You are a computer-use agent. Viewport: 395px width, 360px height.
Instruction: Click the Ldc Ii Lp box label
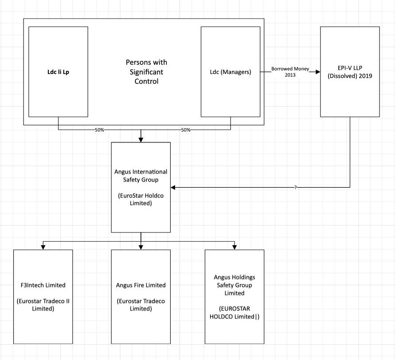58,72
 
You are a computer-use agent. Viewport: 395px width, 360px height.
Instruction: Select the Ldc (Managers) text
231,72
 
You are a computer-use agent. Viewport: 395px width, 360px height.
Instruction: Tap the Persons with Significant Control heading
146,72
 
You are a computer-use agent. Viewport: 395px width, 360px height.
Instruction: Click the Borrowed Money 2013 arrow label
290,72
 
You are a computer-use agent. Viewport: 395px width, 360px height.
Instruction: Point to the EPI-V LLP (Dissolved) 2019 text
350,72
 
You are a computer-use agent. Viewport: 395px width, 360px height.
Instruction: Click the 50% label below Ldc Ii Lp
99,130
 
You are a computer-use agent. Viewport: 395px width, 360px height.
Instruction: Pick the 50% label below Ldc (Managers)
186,130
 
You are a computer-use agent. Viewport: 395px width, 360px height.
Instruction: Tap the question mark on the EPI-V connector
296,187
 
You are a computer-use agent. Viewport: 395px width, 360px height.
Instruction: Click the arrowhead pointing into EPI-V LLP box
318,72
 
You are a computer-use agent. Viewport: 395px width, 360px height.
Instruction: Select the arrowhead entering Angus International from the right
173,187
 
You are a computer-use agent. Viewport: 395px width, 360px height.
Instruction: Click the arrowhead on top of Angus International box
141,140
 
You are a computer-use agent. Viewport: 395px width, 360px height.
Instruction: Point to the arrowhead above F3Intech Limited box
43,247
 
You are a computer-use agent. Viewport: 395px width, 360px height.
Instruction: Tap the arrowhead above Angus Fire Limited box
141,247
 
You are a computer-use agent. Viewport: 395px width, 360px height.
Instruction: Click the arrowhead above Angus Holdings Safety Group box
235,247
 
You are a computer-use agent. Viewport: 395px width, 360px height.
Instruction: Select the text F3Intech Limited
43,285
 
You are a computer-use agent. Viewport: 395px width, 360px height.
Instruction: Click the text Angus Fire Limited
141,285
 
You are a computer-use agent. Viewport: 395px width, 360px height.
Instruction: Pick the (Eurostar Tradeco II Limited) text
43,305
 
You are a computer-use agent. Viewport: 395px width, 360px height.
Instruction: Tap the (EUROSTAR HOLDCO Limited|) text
235,313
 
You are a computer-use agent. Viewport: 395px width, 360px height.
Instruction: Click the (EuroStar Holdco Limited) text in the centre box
141,199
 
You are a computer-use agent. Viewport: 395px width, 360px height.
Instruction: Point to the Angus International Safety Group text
141,176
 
